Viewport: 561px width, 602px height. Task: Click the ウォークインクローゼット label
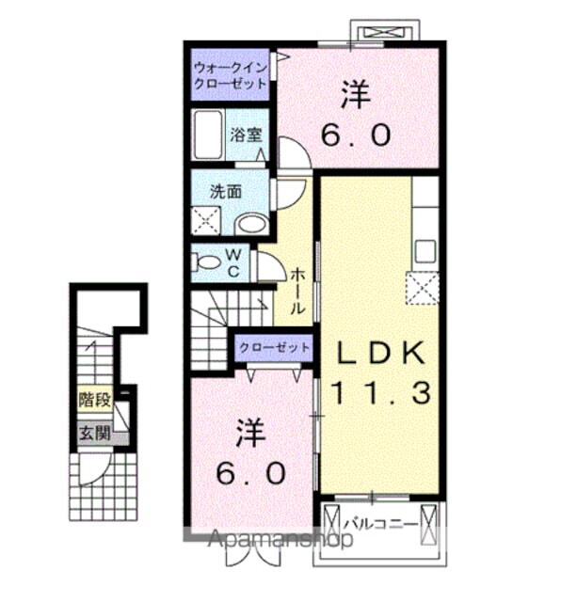pos(230,74)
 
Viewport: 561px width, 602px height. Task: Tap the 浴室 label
pos(247,135)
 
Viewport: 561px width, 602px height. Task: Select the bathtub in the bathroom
pos(207,135)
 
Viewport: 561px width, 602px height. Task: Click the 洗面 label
pos(225,190)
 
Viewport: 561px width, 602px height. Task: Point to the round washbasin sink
pos(250,224)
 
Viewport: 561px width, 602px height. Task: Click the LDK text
pos(382,352)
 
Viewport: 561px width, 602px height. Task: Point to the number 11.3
pos(382,390)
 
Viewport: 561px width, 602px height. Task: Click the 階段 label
pos(94,399)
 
